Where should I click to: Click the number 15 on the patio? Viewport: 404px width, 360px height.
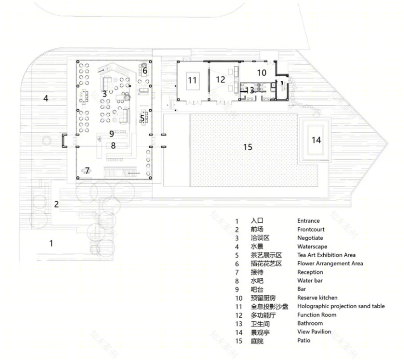pos(247,147)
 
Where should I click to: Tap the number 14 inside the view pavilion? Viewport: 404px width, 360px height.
pos(316,140)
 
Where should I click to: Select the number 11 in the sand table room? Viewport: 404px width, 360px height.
pos(192,80)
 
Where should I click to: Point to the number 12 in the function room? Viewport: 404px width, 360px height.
pos(220,79)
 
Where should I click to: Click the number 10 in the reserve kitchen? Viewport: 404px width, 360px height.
pos(262,73)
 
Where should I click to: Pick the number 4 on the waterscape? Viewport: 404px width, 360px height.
pos(45,98)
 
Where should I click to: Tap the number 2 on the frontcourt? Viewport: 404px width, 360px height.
pos(56,204)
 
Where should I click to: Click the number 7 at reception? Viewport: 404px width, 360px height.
pos(87,170)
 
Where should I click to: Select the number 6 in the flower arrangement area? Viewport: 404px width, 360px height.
pos(145,70)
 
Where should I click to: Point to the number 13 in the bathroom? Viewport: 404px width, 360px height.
pos(250,90)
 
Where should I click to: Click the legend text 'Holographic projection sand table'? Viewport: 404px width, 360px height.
pos(341,306)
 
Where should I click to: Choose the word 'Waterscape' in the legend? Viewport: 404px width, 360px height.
pos(312,247)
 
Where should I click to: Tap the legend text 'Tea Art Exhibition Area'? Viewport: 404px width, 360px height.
pos(326,255)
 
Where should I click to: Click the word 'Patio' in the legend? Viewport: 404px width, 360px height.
pos(304,340)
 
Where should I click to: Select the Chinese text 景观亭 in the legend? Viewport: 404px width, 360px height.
pos(260,332)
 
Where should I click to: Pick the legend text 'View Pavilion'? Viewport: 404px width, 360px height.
pos(314,332)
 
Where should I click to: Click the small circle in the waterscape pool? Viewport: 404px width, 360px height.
pos(47,141)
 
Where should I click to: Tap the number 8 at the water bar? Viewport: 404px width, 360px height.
pos(113,146)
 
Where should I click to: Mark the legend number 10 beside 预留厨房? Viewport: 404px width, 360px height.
pos(239,298)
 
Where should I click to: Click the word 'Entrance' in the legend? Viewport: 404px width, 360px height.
pos(309,221)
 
